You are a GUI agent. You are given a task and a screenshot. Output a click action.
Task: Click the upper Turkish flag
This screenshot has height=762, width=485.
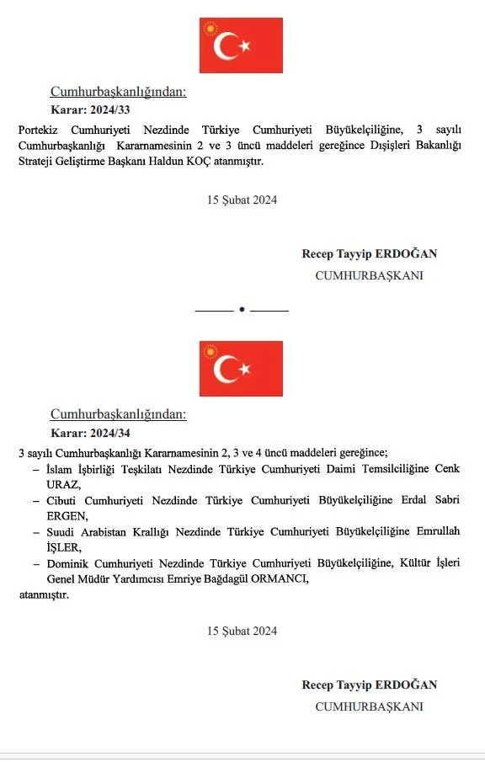(241, 45)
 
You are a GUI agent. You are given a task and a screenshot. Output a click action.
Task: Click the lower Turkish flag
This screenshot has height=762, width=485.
(241, 368)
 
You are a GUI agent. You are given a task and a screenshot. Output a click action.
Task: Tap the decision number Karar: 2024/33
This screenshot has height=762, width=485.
(91, 109)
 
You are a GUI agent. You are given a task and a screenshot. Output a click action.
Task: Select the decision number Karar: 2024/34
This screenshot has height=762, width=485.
(91, 433)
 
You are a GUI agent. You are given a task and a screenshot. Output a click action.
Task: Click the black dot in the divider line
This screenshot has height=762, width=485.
(242, 310)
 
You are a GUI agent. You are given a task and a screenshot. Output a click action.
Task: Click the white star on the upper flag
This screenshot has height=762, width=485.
(245, 45)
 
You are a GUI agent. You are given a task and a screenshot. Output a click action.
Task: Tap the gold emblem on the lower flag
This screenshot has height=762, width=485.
(209, 352)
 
